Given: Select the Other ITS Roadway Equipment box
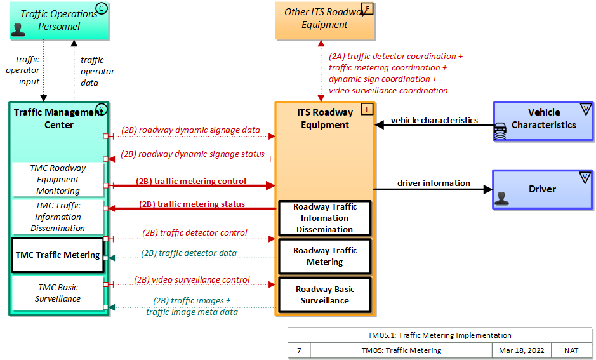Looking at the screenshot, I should click(x=325, y=19).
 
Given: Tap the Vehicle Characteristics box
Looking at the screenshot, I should click(x=543, y=119).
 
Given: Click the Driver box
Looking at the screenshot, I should click(x=542, y=189).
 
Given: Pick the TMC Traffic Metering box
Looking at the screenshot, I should click(x=58, y=255).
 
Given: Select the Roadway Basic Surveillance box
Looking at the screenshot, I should click(x=325, y=295).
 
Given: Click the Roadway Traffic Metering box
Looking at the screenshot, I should click(x=325, y=256).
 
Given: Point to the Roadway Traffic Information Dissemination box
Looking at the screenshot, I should click(x=325, y=218).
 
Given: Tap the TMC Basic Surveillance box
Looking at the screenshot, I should click(x=58, y=293).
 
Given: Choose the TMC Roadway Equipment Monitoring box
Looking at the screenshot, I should click(x=58, y=180).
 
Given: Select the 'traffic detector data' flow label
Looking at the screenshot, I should click(x=189, y=253).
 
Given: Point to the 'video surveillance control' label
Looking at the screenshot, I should click(x=192, y=279).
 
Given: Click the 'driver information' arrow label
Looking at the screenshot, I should click(x=434, y=183).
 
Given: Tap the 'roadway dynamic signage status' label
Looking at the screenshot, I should click(x=192, y=154).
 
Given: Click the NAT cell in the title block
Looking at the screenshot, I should click(x=571, y=350).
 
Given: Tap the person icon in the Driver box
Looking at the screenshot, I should click(x=501, y=199).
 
